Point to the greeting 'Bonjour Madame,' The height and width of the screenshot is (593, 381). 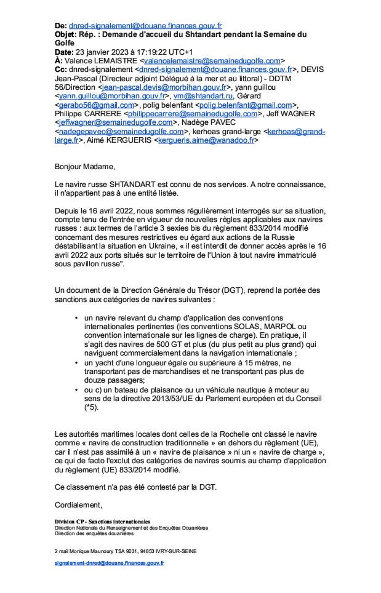point(85,167)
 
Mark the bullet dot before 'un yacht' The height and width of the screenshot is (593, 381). point(76,364)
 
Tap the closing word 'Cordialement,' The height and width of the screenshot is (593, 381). point(78,505)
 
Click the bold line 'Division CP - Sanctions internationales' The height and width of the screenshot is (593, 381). point(102,522)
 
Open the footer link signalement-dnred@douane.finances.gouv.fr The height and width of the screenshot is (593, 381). point(110,563)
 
